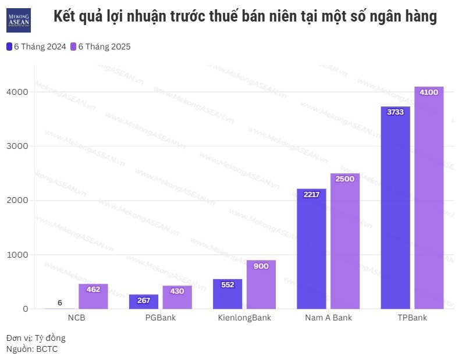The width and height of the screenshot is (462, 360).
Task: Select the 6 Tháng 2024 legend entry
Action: tap(36, 47)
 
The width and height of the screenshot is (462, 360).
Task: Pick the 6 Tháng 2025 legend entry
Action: tap(100, 47)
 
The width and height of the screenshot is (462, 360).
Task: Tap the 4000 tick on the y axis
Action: tap(17, 92)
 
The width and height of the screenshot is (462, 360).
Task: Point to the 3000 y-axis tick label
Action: tap(17, 146)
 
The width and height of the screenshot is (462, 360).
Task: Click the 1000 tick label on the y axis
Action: tap(17, 255)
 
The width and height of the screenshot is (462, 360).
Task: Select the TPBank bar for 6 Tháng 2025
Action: tap(429, 198)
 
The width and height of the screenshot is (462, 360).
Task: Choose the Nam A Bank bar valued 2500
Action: tap(345, 241)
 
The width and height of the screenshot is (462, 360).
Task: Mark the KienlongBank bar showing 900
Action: tap(261, 284)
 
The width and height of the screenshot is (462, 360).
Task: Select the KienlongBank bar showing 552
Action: tap(228, 294)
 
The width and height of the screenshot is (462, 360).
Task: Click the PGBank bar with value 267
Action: tap(144, 302)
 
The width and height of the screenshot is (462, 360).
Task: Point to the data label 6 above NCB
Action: tap(60, 302)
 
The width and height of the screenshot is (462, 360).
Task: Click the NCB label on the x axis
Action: tap(77, 318)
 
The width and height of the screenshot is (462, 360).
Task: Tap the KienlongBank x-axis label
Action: tap(244, 318)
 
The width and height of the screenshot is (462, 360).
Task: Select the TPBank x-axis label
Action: tap(412, 318)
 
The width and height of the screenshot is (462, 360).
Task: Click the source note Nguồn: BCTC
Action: tap(32, 349)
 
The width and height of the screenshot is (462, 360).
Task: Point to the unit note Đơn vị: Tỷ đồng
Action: tap(36, 338)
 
